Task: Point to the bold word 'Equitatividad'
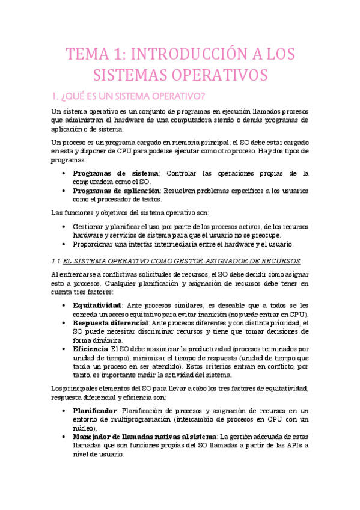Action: click(x=96, y=305)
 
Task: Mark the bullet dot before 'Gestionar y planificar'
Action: click(x=65, y=226)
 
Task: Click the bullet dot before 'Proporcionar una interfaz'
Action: click(x=65, y=244)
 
